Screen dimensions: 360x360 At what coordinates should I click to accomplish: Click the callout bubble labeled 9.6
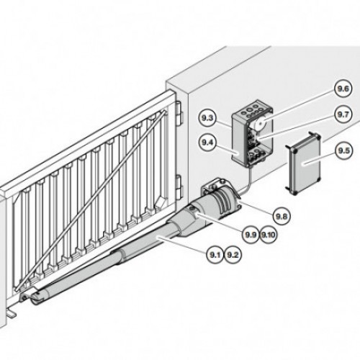click(x=343, y=89)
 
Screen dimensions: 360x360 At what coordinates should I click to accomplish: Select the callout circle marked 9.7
click(x=343, y=114)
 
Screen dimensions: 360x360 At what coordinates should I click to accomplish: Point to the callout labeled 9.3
click(x=207, y=118)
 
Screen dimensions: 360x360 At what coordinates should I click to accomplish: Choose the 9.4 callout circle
click(x=207, y=143)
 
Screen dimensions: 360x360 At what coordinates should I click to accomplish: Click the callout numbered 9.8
click(x=282, y=217)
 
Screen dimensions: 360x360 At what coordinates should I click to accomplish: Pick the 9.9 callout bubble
click(x=251, y=235)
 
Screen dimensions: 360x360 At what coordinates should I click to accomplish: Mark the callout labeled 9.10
click(x=268, y=235)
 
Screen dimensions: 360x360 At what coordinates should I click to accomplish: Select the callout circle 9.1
click(x=215, y=255)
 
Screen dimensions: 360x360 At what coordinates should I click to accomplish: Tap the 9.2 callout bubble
click(x=233, y=255)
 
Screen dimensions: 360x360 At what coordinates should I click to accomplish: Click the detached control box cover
click(x=303, y=163)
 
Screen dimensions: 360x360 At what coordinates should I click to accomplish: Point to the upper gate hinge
click(x=179, y=114)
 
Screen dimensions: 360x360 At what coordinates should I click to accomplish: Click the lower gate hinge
click(x=179, y=188)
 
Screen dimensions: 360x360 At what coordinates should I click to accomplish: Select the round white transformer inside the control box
click(x=261, y=124)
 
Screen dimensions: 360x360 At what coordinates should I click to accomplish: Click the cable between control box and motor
click(x=247, y=181)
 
